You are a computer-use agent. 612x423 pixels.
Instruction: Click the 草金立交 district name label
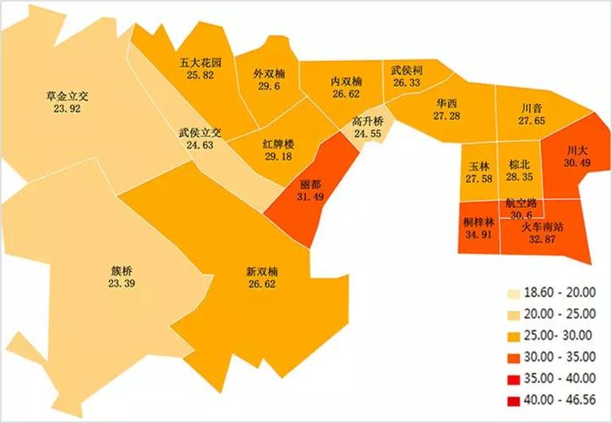(x=67, y=97)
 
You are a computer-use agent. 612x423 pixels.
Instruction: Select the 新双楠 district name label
(x=262, y=272)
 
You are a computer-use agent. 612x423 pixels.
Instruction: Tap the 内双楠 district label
(x=346, y=81)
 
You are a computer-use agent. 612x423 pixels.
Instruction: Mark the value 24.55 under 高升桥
(x=368, y=134)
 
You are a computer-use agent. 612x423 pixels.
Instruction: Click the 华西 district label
(x=446, y=103)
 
